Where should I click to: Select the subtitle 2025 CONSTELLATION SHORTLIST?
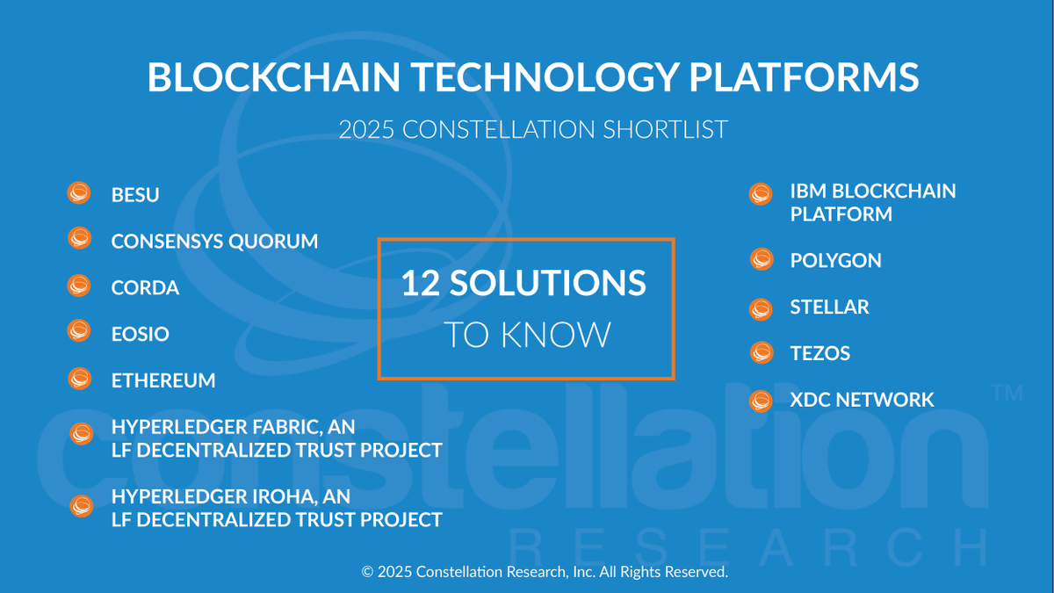click(533, 130)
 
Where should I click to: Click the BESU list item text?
click(135, 195)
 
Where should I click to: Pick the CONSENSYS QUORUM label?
click(214, 242)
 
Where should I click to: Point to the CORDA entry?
click(145, 288)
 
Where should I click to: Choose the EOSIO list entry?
click(141, 335)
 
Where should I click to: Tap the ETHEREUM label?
click(163, 381)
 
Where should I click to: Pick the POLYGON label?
click(835, 261)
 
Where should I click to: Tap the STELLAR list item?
click(829, 307)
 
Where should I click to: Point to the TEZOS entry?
click(820, 354)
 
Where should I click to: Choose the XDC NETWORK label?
click(862, 401)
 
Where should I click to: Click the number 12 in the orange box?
click(422, 284)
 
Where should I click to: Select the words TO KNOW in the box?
click(526, 335)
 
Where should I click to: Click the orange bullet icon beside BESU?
click(80, 193)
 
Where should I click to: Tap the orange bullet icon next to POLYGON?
click(762, 260)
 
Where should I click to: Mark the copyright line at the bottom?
click(545, 572)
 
